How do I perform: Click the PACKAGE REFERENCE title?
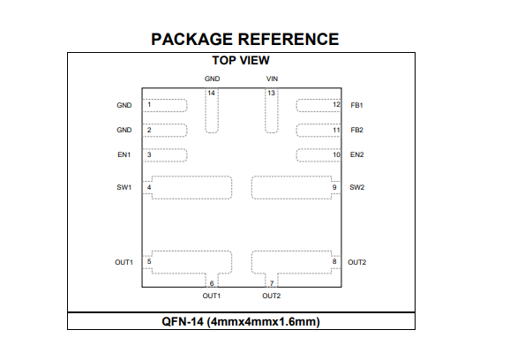click(x=245, y=39)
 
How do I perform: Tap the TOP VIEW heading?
click(x=241, y=60)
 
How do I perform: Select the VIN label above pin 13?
click(x=272, y=79)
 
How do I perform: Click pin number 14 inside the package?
click(x=212, y=93)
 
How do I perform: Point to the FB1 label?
click(x=356, y=105)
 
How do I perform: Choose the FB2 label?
click(x=356, y=130)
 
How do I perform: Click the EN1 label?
click(x=124, y=154)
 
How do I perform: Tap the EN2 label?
click(x=356, y=154)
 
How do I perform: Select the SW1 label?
click(x=124, y=187)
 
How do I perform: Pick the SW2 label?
click(x=356, y=187)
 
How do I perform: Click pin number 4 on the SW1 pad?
click(x=149, y=187)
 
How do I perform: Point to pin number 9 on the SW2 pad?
click(x=334, y=187)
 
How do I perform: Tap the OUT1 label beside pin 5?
click(x=124, y=262)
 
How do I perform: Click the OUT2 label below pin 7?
click(x=272, y=296)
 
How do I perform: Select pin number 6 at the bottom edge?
click(x=212, y=283)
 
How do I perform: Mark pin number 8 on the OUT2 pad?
click(x=334, y=261)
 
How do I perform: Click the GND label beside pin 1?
click(x=124, y=105)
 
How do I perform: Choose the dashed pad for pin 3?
click(x=165, y=155)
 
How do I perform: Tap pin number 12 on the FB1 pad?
click(x=336, y=104)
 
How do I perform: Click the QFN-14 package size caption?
click(x=241, y=321)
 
